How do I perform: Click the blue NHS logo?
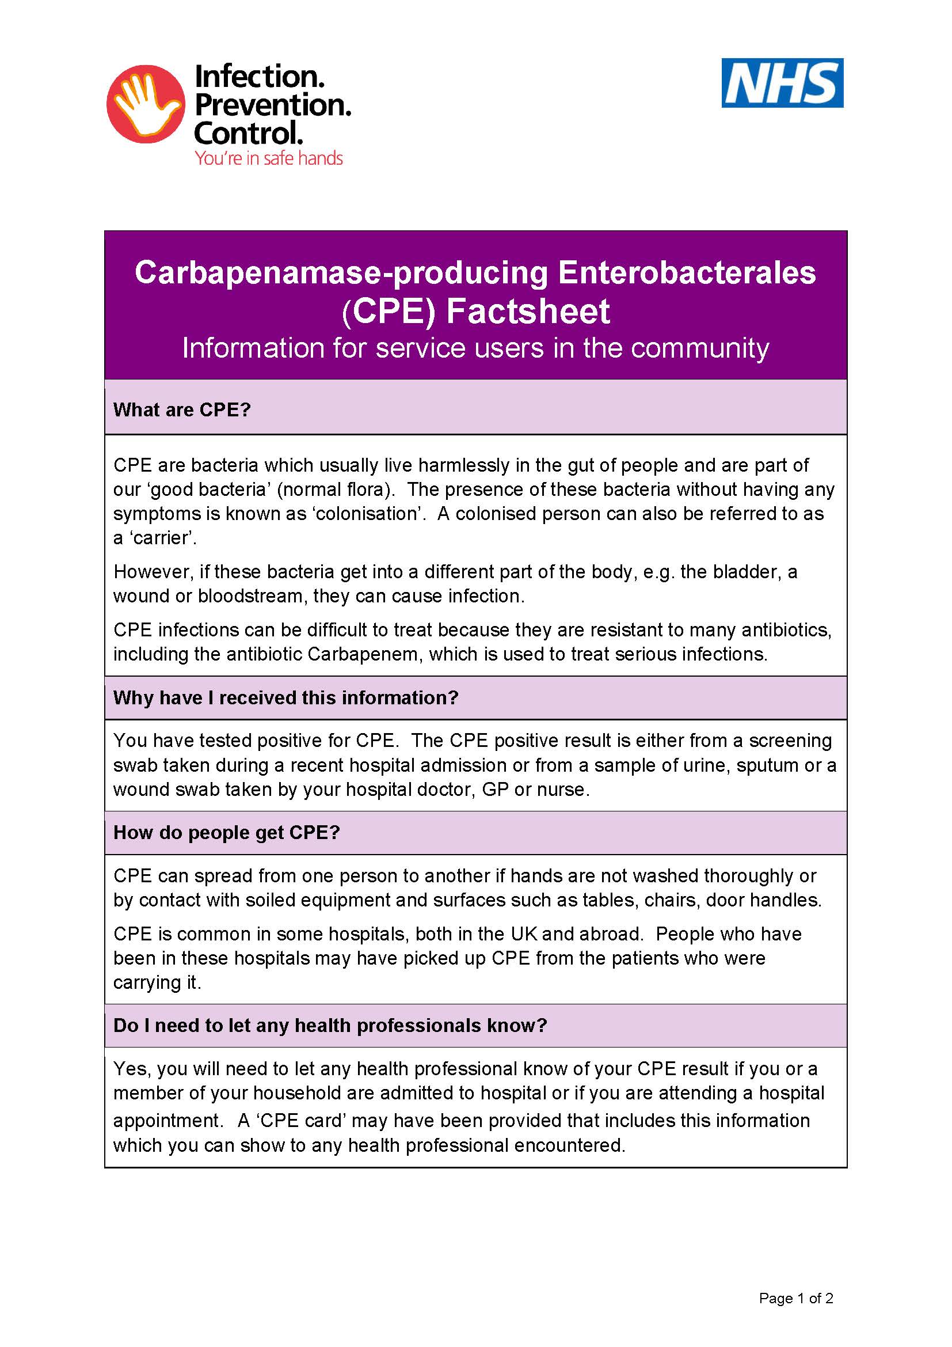click(x=782, y=83)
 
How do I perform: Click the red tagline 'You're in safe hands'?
click(x=268, y=158)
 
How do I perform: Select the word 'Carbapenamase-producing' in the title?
click(x=341, y=273)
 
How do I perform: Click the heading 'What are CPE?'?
click(x=182, y=409)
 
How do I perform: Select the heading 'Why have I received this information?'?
click(x=285, y=697)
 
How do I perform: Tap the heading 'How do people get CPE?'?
click(x=226, y=833)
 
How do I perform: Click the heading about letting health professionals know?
click(x=329, y=1025)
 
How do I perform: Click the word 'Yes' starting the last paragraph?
click(x=131, y=1069)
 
